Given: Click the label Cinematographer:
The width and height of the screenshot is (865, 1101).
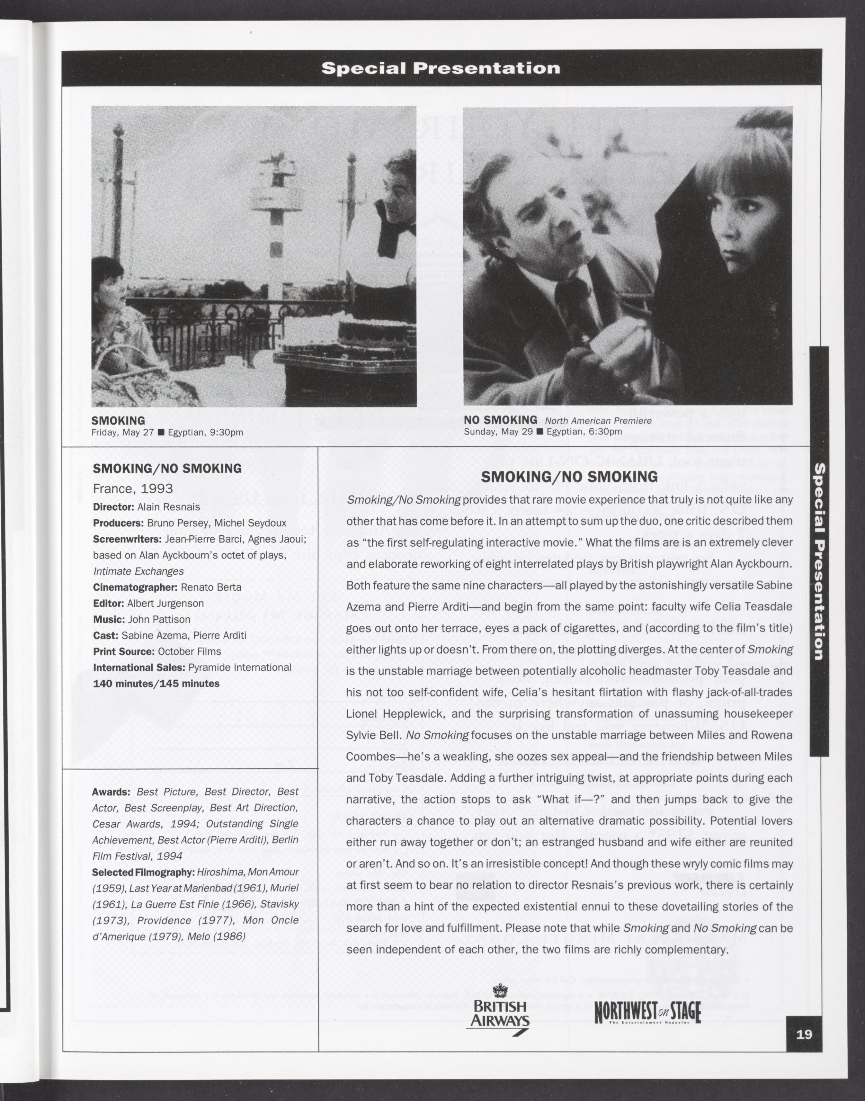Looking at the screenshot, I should click(x=135, y=587).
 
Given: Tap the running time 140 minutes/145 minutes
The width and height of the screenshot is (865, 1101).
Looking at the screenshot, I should click(x=156, y=684).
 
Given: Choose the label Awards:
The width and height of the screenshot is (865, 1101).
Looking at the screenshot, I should click(x=111, y=792).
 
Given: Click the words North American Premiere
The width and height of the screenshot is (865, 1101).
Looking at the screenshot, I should click(x=598, y=421).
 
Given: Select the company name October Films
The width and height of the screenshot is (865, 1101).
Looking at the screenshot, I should click(x=189, y=651).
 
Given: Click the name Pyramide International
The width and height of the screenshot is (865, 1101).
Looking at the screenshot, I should click(x=240, y=667).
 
